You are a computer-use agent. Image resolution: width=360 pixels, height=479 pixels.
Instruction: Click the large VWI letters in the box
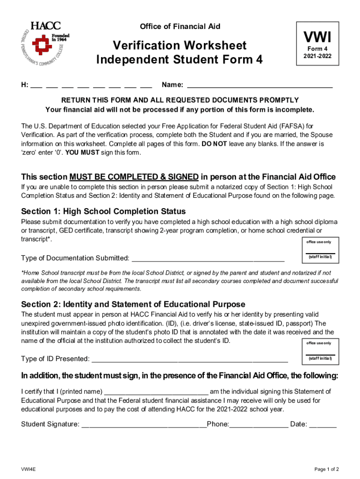pyautogui.click(x=317, y=36)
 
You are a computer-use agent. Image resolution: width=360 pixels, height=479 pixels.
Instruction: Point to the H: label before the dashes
pyautogui.click(x=24, y=85)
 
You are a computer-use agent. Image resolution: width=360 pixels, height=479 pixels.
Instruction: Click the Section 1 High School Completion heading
pyautogui.click(x=103, y=211)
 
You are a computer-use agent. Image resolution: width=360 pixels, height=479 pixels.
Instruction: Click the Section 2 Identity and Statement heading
pyautogui.click(x=133, y=304)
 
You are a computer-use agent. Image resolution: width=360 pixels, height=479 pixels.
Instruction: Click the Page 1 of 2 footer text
pyautogui.click(x=326, y=469)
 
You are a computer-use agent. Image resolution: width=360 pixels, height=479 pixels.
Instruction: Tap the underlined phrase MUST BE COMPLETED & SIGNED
pyautogui.click(x=134, y=177)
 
